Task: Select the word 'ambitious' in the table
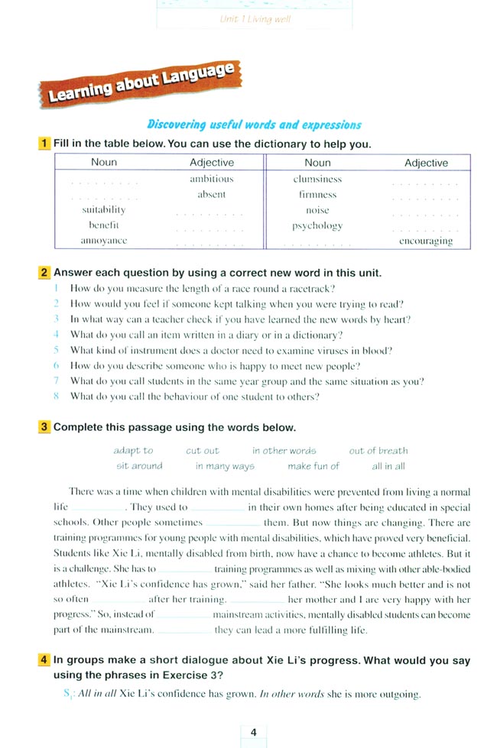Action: point(211,179)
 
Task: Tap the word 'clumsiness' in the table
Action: point(317,179)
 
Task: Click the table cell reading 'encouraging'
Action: point(426,241)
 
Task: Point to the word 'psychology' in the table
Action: point(317,225)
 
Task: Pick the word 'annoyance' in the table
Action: point(104,241)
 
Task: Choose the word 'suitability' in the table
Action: point(104,209)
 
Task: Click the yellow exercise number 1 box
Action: point(45,144)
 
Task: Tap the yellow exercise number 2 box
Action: point(45,273)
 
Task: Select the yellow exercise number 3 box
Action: point(45,427)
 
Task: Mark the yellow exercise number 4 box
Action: point(45,660)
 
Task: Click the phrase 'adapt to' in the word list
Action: point(133,451)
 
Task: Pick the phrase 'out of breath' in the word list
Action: point(378,451)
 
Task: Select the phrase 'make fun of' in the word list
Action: point(313,466)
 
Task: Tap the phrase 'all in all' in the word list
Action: point(388,466)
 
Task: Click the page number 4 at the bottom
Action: point(253,733)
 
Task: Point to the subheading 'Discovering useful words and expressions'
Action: point(254,125)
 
